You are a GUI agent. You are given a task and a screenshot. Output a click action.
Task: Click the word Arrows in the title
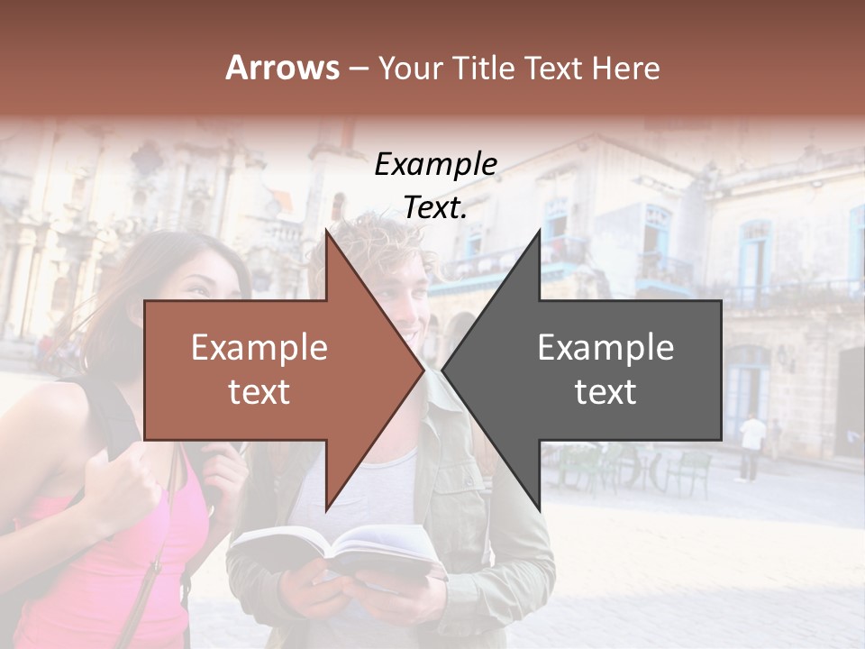click(282, 68)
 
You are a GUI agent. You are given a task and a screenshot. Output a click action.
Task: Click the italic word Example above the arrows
click(435, 164)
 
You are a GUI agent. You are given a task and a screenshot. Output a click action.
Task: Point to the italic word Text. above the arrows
click(435, 208)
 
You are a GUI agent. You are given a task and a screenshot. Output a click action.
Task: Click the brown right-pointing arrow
click(270, 370)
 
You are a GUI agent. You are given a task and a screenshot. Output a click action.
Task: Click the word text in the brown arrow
click(259, 392)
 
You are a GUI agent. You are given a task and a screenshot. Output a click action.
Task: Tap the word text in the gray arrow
click(605, 392)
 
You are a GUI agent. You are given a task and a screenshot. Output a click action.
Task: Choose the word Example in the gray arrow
click(605, 347)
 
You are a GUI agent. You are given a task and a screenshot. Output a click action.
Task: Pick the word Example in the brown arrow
click(259, 347)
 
